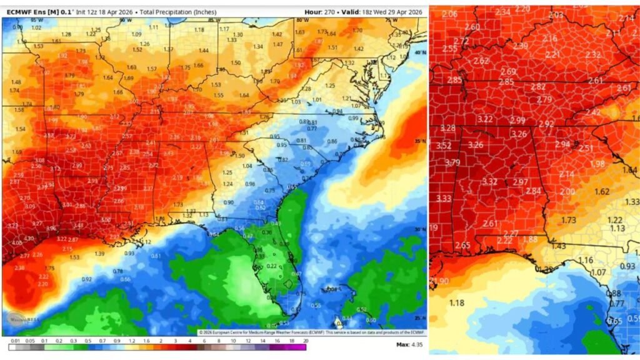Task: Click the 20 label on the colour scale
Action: pyautogui.click(x=304, y=341)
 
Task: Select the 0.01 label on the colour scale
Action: pyautogui.click(x=14, y=341)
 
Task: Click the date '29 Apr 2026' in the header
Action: pyautogui.click(x=400, y=12)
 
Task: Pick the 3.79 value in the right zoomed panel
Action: pyautogui.click(x=452, y=162)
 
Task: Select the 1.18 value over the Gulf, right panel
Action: pyautogui.click(x=457, y=303)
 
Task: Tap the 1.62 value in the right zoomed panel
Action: pyautogui.click(x=602, y=191)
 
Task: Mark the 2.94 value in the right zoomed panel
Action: pyautogui.click(x=562, y=144)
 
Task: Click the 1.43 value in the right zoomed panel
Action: pyautogui.click(x=558, y=246)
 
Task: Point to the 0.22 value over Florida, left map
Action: pyautogui.click(x=271, y=266)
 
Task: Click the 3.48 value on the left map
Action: pyautogui.click(x=78, y=226)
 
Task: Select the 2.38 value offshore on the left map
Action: pyautogui.click(x=19, y=267)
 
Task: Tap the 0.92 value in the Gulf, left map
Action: pyautogui.click(x=87, y=279)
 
